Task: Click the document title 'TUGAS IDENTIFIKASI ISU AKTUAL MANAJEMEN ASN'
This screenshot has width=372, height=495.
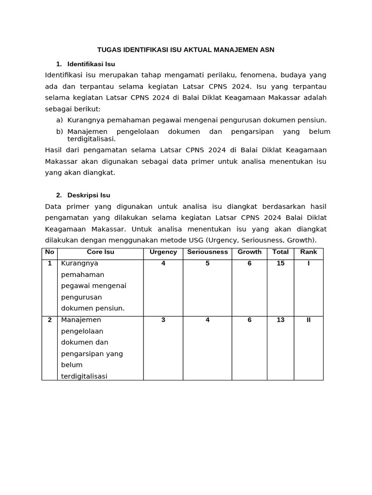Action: [x=186, y=50]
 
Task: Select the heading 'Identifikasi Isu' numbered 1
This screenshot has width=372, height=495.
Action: [x=91, y=64]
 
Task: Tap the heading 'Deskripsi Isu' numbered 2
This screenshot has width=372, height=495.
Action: [x=89, y=195]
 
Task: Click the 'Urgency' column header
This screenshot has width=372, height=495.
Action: [x=163, y=252]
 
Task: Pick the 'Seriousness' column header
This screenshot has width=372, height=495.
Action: [x=207, y=252]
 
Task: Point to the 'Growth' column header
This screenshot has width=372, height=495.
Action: [x=249, y=252]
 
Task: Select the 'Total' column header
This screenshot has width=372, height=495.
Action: [x=280, y=252]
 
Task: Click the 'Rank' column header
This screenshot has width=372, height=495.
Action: [x=309, y=252]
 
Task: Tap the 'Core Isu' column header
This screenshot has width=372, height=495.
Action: [x=100, y=252]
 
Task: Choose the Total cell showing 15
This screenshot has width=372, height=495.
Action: [x=280, y=263]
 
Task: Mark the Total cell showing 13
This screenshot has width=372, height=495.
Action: [x=280, y=320]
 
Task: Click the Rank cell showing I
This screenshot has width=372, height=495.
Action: [x=309, y=263]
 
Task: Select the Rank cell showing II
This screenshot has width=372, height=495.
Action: [x=309, y=320]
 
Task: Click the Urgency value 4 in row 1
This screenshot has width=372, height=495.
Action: [x=163, y=263]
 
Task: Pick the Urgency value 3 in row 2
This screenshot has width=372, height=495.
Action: [x=163, y=320]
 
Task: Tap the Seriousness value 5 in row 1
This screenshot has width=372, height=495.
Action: [x=207, y=263]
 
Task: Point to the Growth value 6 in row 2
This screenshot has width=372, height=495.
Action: [x=249, y=320]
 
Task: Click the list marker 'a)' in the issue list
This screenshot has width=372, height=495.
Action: [x=60, y=120]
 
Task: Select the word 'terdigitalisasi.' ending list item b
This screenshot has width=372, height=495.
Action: [x=92, y=139]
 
